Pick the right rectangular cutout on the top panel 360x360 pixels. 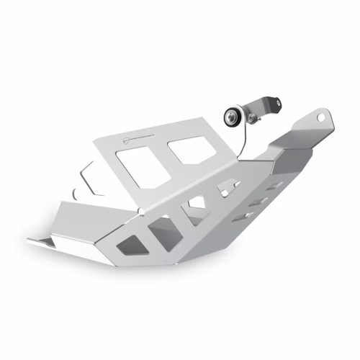[189, 150]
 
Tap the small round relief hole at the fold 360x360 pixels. [142, 211]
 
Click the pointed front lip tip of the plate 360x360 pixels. [32, 240]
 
